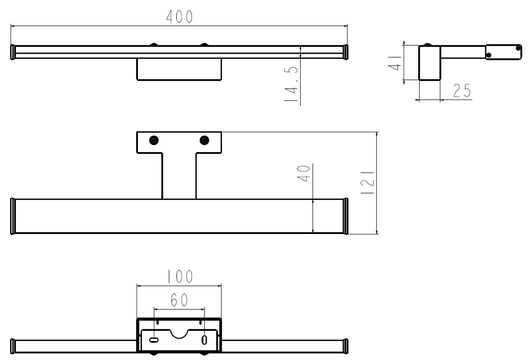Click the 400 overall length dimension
[179, 16]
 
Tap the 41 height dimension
[397, 61]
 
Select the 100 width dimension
[179, 276]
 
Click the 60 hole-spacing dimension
[179, 301]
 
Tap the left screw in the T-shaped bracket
[154, 140]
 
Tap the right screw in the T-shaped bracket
[204, 140]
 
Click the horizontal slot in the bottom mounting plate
[154, 340]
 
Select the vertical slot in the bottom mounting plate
[204, 340]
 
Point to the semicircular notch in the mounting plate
[179, 333]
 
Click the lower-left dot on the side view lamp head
[489, 55]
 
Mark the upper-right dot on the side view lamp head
[519, 47]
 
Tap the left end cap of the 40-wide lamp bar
[13, 216]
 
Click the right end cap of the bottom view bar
[346, 345]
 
